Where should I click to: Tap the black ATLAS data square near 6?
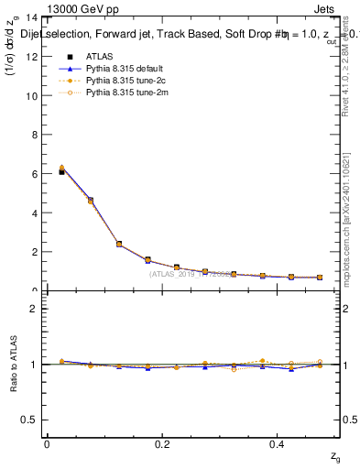(61, 171)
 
